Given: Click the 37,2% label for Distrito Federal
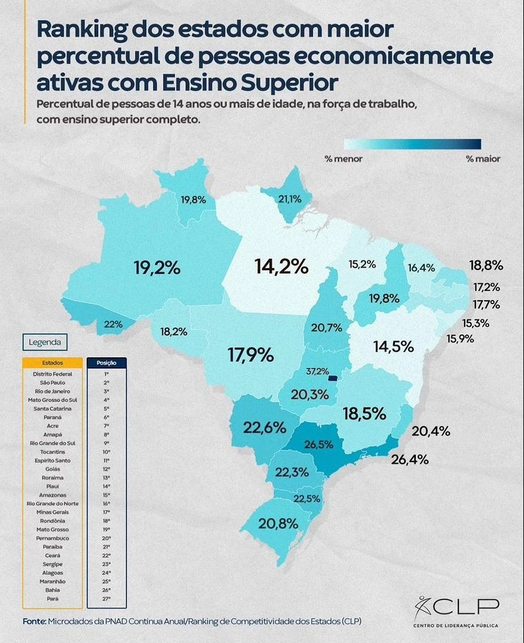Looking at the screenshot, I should [317, 370].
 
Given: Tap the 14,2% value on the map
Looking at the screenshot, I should [281, 267].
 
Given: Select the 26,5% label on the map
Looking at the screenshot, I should [319, 444].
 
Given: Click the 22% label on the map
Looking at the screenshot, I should [113, 324].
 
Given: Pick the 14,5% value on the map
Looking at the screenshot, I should [393, 346].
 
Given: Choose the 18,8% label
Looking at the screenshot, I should [485, 265].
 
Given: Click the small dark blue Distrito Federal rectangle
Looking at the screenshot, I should [332, 379].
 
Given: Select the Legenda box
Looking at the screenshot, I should [45, 342].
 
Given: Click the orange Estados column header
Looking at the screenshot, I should [52, 364].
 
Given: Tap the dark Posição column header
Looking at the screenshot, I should [106, 364].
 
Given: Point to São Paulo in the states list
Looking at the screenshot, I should [52, 383].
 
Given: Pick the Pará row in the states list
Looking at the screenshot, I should [52, 598].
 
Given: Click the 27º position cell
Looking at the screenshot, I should [106, 598].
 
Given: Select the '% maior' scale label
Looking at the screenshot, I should [483, 159].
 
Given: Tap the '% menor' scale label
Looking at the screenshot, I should [344, 159].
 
